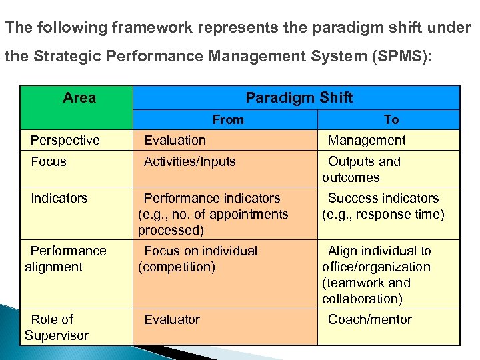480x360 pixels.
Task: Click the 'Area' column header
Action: coord(79,98)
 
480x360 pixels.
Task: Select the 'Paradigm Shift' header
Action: coord(299,98)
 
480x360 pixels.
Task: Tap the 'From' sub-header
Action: coord(228,120)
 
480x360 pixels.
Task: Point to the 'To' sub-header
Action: coord(391,120)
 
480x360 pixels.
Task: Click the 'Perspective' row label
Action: coord(65,141)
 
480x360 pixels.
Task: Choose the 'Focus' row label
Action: coord(49,161)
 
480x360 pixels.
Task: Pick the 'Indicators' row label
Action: coord(59,198)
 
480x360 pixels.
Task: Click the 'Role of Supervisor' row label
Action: coord(57,327)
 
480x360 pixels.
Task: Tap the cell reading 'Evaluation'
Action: coord(175,141)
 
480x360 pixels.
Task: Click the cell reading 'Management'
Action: coord(367,141)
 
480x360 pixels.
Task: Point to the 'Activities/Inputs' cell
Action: coord(190,161)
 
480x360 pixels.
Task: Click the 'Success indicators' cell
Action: coord(383,198)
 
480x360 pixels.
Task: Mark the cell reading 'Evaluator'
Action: coord(172,319)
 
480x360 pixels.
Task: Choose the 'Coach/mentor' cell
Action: coord(370,319)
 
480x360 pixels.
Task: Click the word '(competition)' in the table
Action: coord(177,267)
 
